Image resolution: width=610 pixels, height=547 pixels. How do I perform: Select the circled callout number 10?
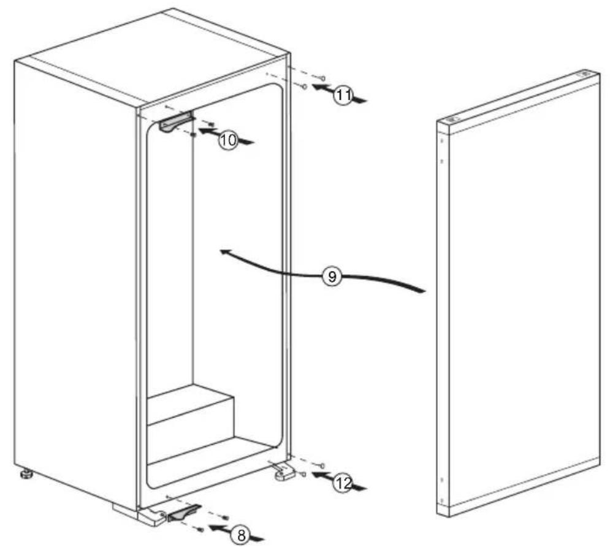point(227,140)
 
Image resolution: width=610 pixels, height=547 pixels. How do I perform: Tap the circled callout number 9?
point(332,277)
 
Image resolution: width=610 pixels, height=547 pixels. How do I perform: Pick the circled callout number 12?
point(343,483)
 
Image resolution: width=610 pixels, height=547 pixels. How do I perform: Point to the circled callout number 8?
point(240,535)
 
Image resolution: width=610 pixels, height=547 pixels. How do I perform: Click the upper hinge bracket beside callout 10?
point(175,122)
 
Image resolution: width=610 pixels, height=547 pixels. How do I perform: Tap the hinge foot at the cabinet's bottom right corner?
point(283,473)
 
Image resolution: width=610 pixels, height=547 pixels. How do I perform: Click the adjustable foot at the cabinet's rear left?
point(26,474)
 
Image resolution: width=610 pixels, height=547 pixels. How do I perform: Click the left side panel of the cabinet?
point(74,276)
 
